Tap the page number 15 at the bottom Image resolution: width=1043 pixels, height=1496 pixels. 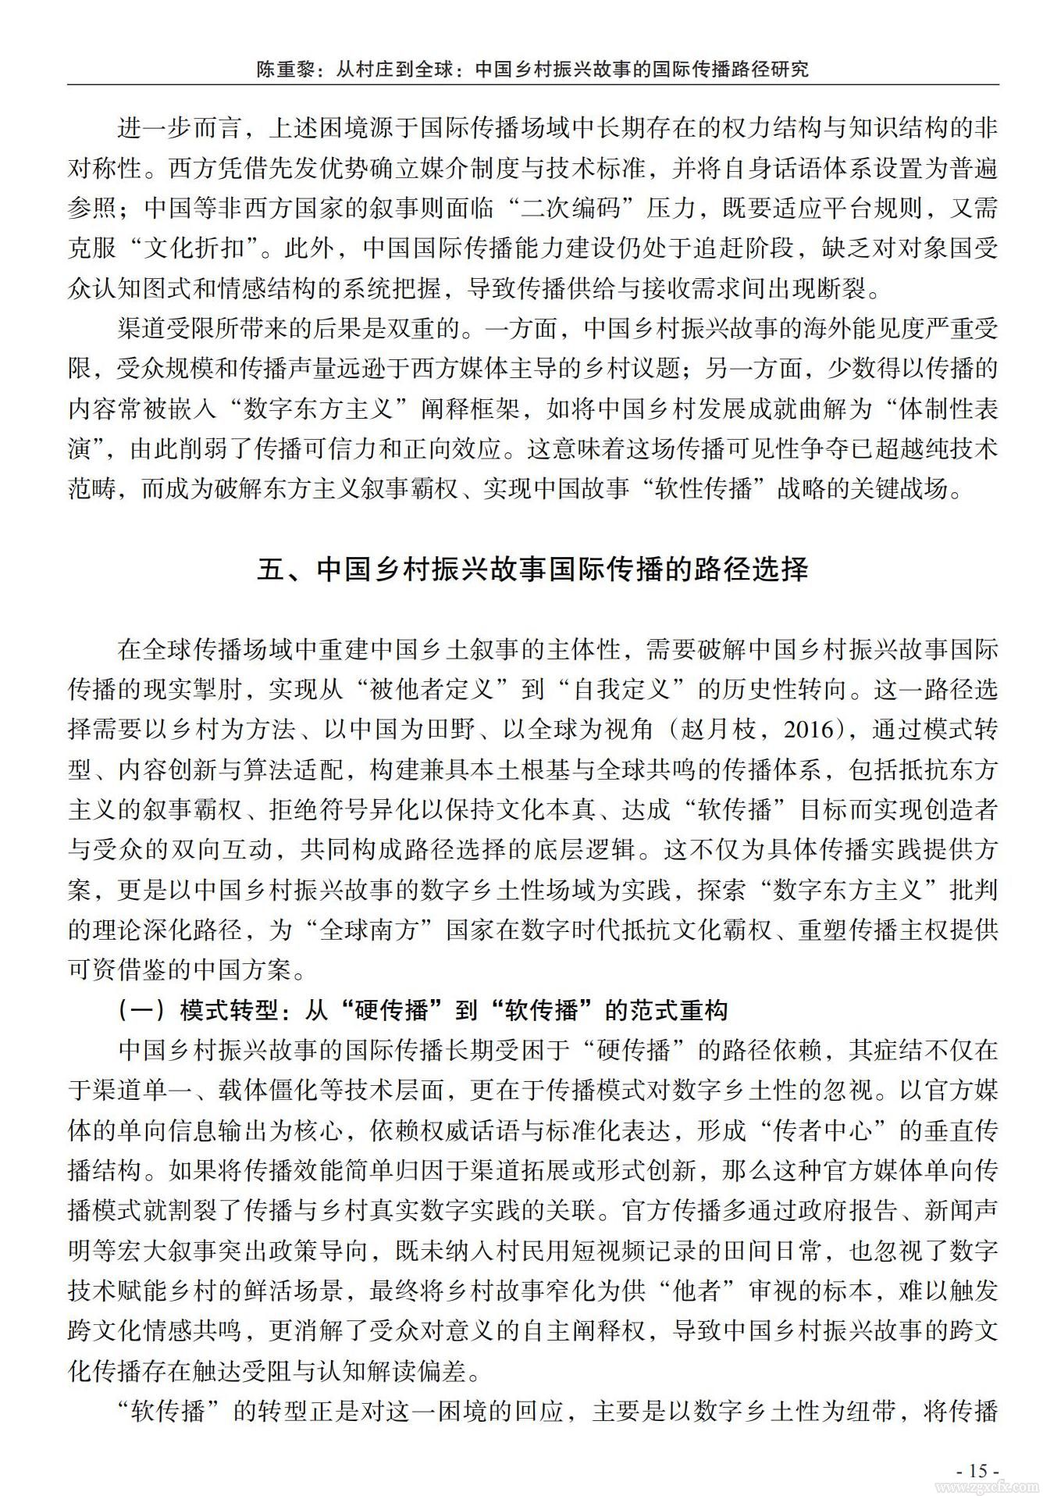[x=977, y=1469]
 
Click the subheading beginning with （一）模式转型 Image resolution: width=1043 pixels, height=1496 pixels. [x=422, y=1011]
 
